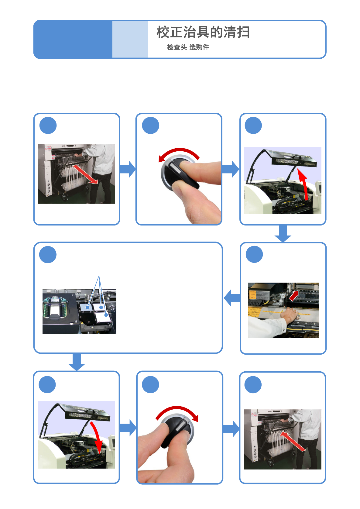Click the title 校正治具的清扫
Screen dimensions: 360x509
click(203, 32)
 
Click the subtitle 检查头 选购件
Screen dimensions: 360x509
click(188, 47)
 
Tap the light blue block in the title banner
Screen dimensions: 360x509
click(130, 39)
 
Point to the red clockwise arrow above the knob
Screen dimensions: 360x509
click(177, 411)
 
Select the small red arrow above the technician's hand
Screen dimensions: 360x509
click(294, 296)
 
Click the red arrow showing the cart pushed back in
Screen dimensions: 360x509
click(293, 441)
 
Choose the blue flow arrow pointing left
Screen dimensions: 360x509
click(232, 298)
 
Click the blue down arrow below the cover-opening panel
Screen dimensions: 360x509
click(283, 234)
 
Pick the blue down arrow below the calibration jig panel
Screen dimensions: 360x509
click(77, 362)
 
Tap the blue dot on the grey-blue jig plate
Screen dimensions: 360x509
click(87, 308)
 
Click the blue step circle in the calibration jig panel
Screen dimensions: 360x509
click(48, 255)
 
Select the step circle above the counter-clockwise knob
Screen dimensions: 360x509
click(150, 126)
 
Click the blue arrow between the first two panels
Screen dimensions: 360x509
click(128, 169)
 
